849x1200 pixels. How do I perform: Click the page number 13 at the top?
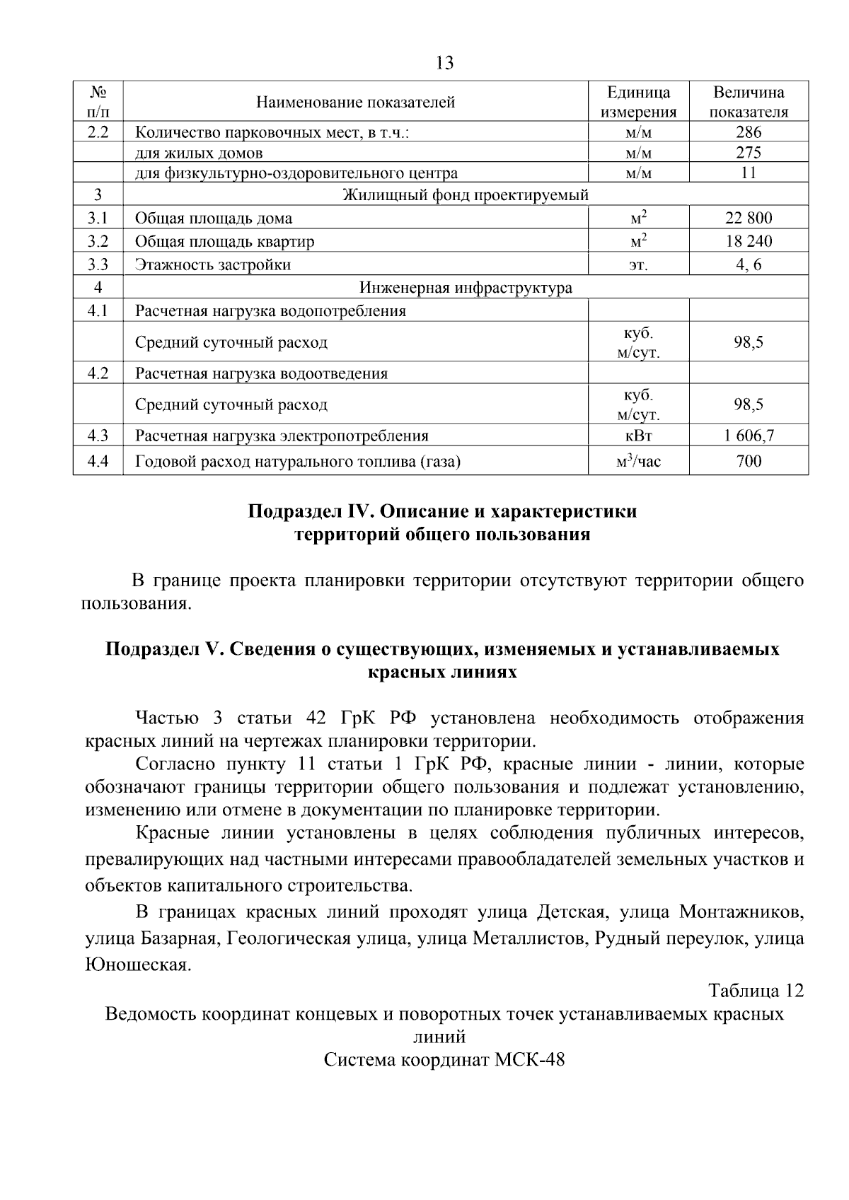pyautogui.click(x=444, y=64)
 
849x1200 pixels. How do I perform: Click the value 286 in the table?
pyautogui.click(x=749, y=132)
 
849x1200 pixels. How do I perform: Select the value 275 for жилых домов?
pyautogui.click(x=749, y=153)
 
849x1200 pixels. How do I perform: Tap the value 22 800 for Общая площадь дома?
pyautogui.click(x=749, y=219)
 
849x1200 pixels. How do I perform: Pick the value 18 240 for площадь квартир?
pyautogui.click(x=749, y=242)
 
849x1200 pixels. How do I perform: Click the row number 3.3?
pyautogui.click(x=98, y=265)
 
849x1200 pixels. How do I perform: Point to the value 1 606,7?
pyautogui.click(x=749, y=436)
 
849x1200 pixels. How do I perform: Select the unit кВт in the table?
pyautogui.click(x=638, y=436)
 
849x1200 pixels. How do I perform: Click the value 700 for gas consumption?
pyautogui.click(x=749, y=462)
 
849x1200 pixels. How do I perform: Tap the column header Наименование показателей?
pyautogui.click(x=355, y=103)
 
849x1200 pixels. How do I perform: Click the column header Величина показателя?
pyautogui.click(x=749, y=103)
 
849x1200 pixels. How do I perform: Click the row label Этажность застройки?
pyautogui.click(x=213, y=265)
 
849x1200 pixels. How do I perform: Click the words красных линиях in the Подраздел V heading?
pyautogui.click(x=442, y=672)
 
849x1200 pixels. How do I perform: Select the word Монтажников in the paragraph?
pyautogui.click(x=741, y=911)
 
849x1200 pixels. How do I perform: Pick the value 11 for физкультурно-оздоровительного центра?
pyautogui.click(x=749, y=173)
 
